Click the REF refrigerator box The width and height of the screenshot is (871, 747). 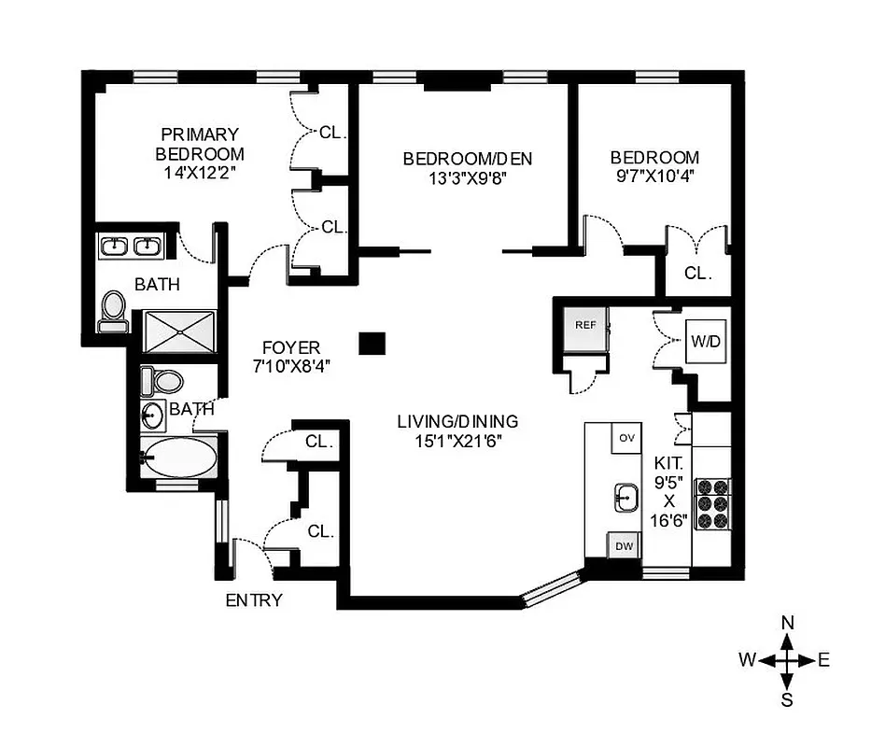click(x=585, y=326)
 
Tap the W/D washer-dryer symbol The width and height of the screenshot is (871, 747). click(x=706, y=342)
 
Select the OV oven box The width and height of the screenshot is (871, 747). click(x=625, y=438)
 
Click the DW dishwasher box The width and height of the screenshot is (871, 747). click(x=624, y=548)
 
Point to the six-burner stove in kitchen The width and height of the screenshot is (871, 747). click(x=711, y=504)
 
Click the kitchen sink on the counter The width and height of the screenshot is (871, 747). click(x=625, y=497)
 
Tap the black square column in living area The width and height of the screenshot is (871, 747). click(x=372, y=343)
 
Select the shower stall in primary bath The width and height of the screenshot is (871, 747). click(x=178, y=331)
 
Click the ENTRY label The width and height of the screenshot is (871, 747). click(x=254, y=600)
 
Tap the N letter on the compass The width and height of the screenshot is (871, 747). click(x=787, y=623)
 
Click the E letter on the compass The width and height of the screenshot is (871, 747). click(x=823, y=660)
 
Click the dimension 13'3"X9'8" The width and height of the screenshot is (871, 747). click(x=455, y=176)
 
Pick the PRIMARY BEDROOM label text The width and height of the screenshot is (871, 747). click(x=200, y=144)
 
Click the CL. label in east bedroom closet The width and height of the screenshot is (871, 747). click(x=697, y=275)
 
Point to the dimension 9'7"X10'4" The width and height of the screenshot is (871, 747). click(x=653, y=176)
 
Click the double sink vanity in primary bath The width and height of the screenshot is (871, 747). click(x=132, y=247)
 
